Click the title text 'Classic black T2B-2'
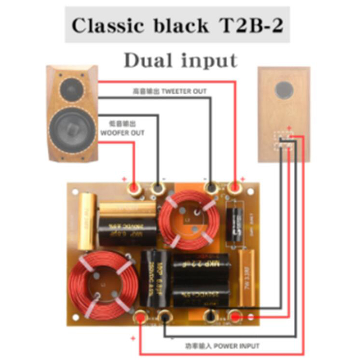(177, 26)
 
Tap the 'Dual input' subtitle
(180, 60)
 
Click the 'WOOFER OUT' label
(122, 130)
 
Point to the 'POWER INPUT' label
(222, 346)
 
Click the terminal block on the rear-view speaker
(284, 141)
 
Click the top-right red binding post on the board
(235, 188)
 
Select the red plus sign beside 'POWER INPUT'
(133, 338)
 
